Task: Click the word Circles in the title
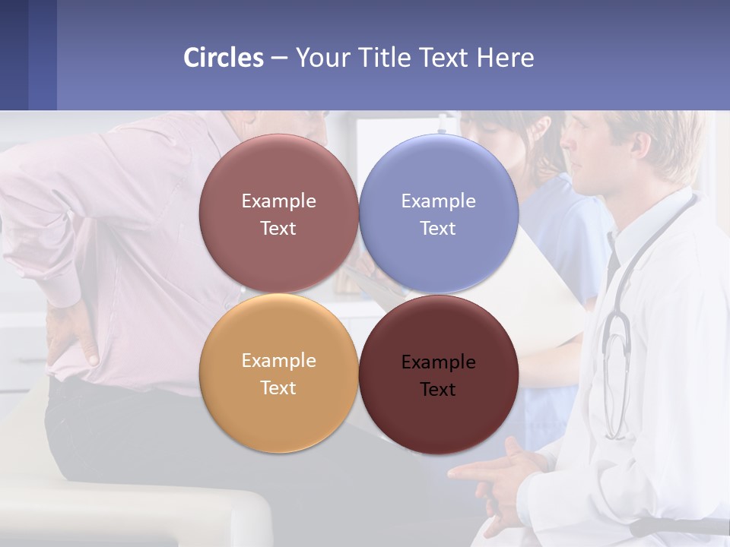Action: [x=224, y=58]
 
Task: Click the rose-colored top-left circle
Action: [x=278, y=175]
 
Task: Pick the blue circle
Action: [x=439, y=175]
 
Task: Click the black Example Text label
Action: [x=439, y=375]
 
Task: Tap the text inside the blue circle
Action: [x=439, y=214]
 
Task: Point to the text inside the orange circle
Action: [x=278, y=374]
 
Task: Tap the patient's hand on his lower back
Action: [x=72, y=334]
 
